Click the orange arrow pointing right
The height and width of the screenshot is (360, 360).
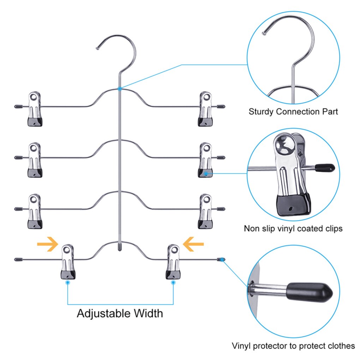click(x=48, y=244)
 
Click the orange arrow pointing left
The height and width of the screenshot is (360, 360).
click(x=193, y=244)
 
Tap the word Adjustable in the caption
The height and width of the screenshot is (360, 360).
click(x=100, y=313)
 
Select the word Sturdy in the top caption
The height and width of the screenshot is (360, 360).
click(x=261, y=112)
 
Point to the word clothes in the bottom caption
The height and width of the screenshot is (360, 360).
click(x=338, y=346)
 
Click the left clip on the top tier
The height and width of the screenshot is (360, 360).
click(x=35, y=109)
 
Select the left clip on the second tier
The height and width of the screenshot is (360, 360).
click(x=35, y=160)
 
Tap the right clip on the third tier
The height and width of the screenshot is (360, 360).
click(x=205, y=211)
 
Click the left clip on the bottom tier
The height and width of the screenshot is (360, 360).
click(x=68, y=262)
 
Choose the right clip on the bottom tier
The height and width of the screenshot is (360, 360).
click(x=173, y=262)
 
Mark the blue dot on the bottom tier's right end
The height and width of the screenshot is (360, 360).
click(x=222, y=259)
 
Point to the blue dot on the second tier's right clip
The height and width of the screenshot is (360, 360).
click(x=206, y=174)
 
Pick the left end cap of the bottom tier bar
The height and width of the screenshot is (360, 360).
click(x=17, y=259)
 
